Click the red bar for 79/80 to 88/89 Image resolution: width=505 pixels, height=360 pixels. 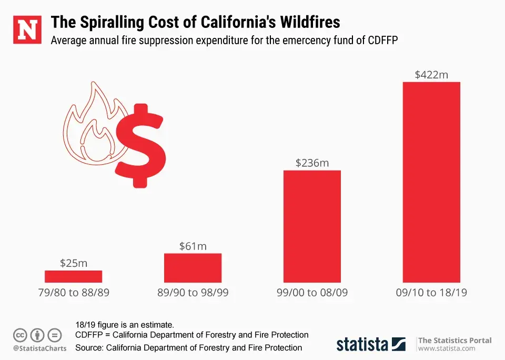click(x=73, y=276)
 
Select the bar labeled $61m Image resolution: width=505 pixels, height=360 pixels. click(x=193, y=268)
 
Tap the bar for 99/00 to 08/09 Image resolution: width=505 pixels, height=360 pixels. click(x=312, y=226)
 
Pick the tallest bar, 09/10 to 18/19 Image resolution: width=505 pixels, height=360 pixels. click(x=431, y=182)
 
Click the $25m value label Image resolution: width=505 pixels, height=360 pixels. click(x=73, y=263)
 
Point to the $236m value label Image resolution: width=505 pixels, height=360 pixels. click(x=312, y=163)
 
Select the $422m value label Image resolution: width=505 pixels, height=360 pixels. click(x=431, y=75)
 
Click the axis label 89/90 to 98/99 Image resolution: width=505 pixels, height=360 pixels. click(x=193, y=293)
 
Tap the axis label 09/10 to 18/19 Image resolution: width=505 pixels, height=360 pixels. click(x=431, y=293)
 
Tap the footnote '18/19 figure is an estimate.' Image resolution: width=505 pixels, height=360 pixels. click(x=125, y=324)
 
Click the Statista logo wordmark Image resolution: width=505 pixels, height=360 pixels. click(x=362, y=344)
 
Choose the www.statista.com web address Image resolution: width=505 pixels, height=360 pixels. click(x=446, y=348)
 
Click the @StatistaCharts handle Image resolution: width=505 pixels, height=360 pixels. click(x=40, y=348)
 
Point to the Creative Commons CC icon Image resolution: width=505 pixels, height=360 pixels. click(x=21, y=335)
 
